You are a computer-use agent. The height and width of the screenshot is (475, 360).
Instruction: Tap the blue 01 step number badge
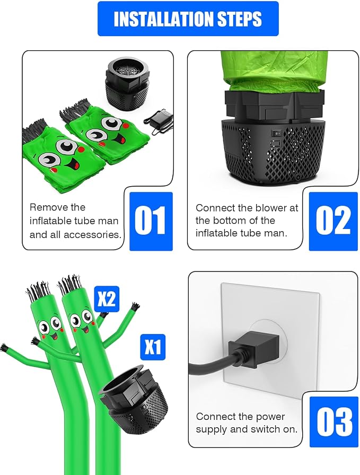151,221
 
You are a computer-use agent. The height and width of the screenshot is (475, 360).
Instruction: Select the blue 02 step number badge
333,221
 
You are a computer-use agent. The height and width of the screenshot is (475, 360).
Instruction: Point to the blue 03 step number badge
333,421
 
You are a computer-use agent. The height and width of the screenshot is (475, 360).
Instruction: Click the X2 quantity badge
107,299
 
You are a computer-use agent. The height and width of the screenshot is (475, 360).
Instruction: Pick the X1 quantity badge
153,347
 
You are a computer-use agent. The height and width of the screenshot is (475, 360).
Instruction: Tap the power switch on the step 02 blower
276,133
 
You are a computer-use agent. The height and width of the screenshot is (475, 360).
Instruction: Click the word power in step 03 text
271,417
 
